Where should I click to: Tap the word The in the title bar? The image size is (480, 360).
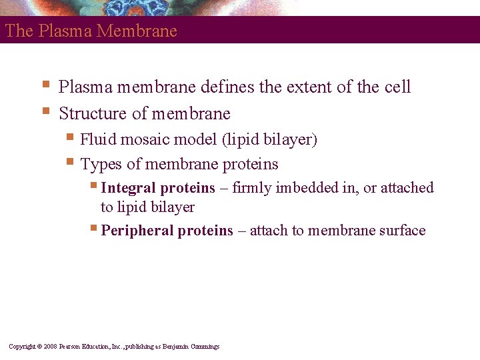(19, 31)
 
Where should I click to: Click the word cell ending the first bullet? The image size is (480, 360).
(397, 87)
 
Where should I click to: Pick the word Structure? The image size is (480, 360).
(93, 114)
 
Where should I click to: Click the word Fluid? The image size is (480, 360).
(97, 140)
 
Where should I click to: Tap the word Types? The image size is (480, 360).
(99, 164)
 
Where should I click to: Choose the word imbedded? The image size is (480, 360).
(317, 188)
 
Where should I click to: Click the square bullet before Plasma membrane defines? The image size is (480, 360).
(45, 85)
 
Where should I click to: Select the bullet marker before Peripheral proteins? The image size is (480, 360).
(94, 229)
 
